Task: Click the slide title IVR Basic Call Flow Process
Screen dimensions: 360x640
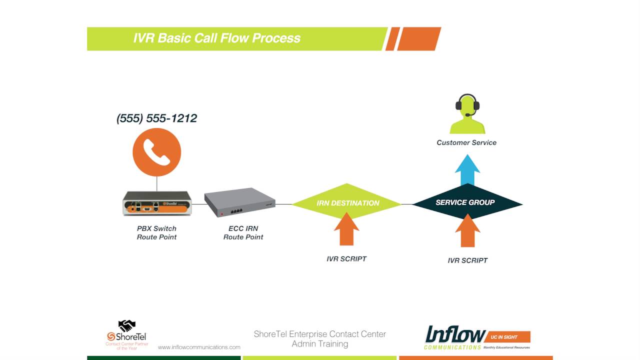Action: [216, 38]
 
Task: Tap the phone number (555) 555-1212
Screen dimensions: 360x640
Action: [156, 118]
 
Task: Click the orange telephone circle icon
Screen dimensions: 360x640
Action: [156, 152]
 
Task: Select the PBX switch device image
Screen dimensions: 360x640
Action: [157, 203]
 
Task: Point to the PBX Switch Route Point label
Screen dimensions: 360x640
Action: [157, 232]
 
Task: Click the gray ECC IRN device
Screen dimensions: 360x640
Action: [240, 202]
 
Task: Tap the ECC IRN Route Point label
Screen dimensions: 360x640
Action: [243, 232]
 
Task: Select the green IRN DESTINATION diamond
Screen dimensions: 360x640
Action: [347, 203]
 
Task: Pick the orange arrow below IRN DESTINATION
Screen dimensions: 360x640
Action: [346, 230]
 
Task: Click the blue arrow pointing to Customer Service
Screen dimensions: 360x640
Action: [467, 170]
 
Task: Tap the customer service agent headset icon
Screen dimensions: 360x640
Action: [467, 114]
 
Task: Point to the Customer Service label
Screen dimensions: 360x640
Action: [466, 142]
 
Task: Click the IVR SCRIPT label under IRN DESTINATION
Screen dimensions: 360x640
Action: [346, 259]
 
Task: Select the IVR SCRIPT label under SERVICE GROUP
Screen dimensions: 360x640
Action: [467, 260]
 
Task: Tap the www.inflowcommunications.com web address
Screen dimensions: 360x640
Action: [199, 347]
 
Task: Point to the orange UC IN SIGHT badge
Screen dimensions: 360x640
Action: [508, 337]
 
